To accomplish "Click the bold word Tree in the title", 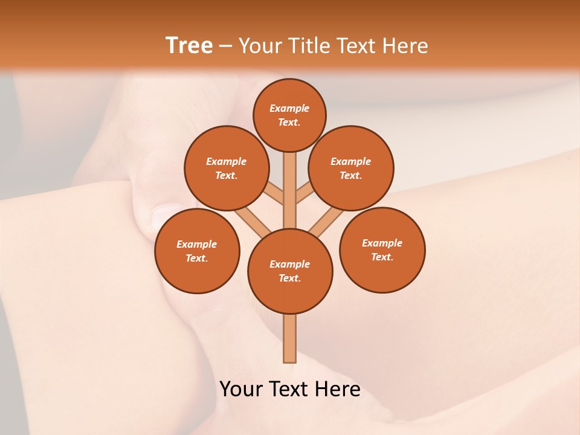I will tap(189, 45).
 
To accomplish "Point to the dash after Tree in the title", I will tap(225, 46).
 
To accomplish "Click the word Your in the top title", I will tap(261, 45).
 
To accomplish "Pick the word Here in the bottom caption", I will tap(337, 389).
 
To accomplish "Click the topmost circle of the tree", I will tap(289, 115).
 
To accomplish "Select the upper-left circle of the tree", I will tap(226, 168).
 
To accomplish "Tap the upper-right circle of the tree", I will tap(351, 168).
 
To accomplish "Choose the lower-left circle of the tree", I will tap(197, 251).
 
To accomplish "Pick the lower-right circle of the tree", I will tap(382, 250).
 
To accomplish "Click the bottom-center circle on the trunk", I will tap(290, 271).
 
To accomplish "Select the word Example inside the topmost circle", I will tap(289, 108).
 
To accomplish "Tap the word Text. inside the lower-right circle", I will tap(382, 257).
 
